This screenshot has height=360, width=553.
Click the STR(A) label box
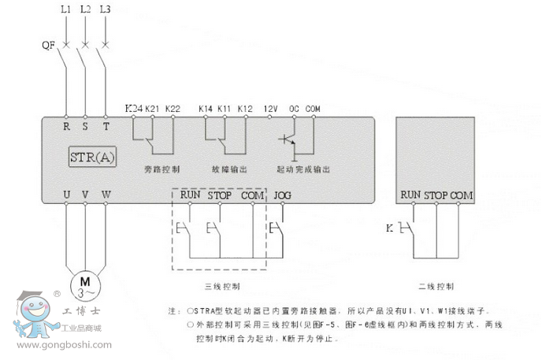pos(93,156)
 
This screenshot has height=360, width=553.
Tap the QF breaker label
pos(48,45)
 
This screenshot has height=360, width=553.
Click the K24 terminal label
pos(133,107)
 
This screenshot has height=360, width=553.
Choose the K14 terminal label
pos(206,107)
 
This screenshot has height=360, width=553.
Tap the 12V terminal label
pos(271,107)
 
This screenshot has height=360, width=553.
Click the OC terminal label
pos(295,107)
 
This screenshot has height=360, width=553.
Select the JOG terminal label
pos(281,195)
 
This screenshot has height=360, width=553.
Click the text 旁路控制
pos(163,169)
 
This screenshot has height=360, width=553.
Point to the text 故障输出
pos(229,169)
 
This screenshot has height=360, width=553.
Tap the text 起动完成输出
pos(303,169)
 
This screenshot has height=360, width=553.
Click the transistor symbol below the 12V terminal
pos(288,141)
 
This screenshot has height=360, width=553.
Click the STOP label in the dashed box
pos(219,195)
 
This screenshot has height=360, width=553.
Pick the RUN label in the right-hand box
pos(410,195)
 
